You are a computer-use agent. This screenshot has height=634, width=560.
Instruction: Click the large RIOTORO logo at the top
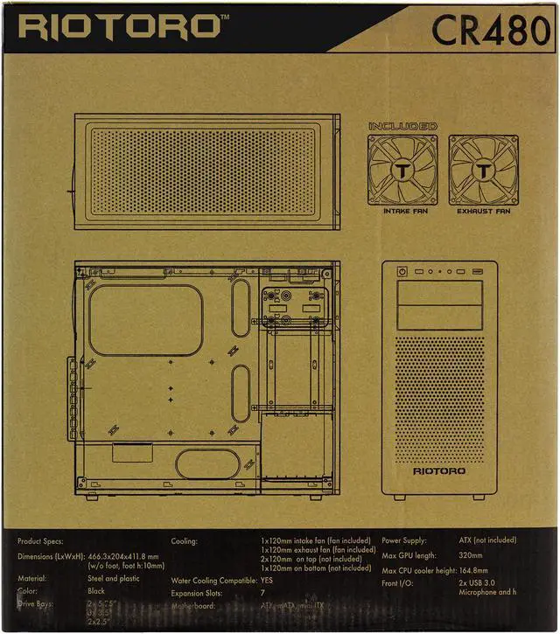click(119, 25)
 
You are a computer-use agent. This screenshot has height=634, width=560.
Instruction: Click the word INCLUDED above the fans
click(402, 127)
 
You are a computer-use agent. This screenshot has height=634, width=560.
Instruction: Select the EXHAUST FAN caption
click(484, 211)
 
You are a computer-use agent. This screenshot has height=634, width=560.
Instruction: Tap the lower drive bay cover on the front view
click(438, 317)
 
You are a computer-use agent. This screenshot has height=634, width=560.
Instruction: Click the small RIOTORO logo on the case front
click(438, 470)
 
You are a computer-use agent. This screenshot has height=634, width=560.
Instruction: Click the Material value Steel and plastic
click(114, 578)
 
